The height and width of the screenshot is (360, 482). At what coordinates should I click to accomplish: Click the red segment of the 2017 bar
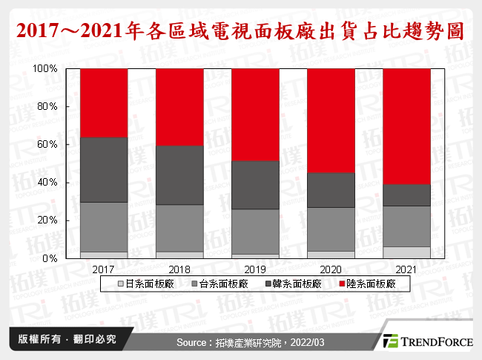(x=104, y=102)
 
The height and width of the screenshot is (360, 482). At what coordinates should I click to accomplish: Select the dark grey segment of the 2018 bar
(x=179, y=175)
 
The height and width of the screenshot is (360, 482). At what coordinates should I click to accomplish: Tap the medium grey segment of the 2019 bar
(x=255, y=232)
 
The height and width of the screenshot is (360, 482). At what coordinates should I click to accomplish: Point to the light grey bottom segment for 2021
(x=406, y=252)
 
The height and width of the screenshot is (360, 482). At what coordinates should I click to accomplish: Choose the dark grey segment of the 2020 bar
(x=331, y=190)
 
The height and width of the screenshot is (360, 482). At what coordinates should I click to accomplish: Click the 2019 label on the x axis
(x=255, y=269)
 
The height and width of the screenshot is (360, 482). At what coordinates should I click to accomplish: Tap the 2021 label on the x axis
(x=406, y=269)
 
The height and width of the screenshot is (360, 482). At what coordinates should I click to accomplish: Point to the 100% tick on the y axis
(x=47, y=68)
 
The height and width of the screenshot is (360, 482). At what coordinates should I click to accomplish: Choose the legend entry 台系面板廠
(x=214, y=284)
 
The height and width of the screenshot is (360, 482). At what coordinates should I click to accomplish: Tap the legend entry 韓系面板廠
(x=291, y=284)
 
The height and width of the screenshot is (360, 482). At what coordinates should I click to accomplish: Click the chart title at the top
(x=240, y=30)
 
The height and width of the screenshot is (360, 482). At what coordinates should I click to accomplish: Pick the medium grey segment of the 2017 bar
(x=104, y=227)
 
